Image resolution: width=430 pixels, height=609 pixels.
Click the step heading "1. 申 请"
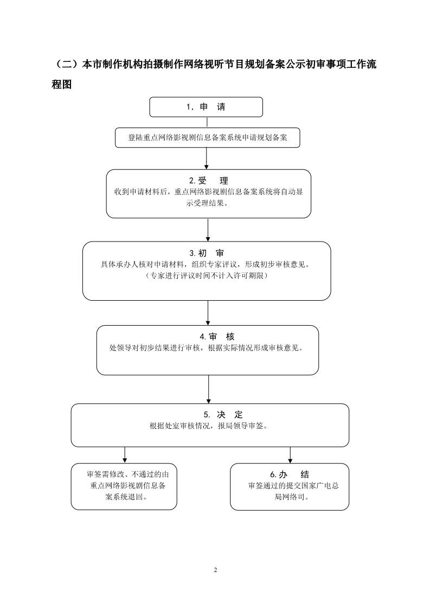206,107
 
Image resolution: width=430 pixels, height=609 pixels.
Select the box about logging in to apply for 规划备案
207,137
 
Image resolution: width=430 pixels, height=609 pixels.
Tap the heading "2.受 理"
208,181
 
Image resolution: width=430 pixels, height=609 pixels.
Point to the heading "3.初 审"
207,253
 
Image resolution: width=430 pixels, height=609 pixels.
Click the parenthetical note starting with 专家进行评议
207,276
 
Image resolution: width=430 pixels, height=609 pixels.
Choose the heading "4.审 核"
217,337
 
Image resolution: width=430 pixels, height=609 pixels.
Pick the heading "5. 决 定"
223,415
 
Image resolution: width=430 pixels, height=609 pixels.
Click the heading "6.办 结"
290,474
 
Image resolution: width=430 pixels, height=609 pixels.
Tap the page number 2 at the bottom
215,570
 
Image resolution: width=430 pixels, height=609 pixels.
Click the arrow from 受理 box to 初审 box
208,230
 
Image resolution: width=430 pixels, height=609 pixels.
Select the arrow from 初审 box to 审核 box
208,313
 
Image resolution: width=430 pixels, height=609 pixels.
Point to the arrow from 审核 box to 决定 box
208,389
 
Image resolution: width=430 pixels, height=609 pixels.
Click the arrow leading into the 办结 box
290,455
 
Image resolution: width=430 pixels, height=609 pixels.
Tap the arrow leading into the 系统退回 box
125,455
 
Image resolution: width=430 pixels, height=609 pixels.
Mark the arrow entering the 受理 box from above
207,158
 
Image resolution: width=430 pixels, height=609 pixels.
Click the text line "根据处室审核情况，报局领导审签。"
209,426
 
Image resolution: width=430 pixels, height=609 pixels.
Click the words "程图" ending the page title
62,84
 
